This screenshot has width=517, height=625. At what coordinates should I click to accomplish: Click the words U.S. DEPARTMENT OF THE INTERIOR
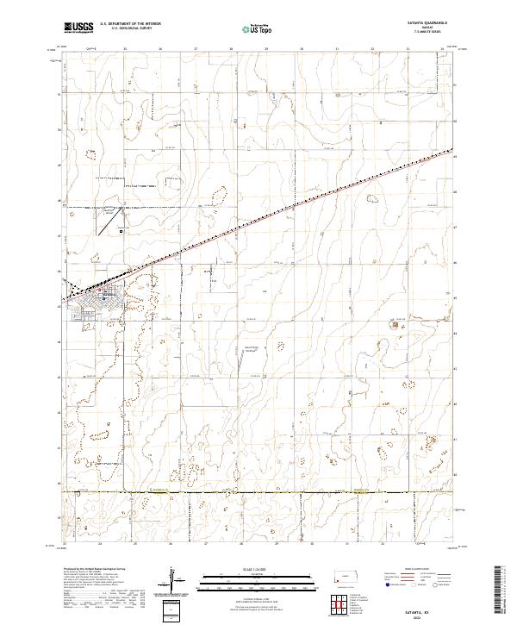131,24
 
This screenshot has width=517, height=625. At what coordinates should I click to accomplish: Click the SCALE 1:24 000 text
245,568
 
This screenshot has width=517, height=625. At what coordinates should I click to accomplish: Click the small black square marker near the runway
121,231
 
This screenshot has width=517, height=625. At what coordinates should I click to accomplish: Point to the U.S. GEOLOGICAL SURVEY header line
128,28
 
